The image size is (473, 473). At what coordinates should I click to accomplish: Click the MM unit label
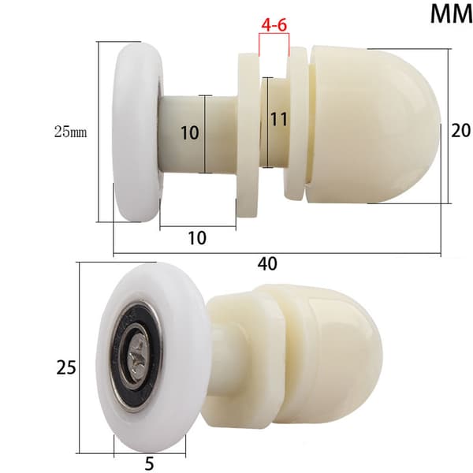pos(451,14)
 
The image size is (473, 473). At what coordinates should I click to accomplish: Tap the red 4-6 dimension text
pos(274,24)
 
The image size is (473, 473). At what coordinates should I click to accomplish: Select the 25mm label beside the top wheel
pos(71,132)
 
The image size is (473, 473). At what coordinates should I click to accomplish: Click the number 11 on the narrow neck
pos(279,120)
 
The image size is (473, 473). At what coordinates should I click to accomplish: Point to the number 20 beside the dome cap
pos(460,131)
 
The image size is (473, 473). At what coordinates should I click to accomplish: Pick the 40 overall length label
pos(267,263)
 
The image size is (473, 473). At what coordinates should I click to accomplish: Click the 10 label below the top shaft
pos(197,238)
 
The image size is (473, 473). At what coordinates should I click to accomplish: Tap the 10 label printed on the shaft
pos(190,132)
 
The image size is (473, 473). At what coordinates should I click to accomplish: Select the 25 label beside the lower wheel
pos(66,367)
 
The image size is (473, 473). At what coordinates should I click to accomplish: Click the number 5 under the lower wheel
pos(149,463)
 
